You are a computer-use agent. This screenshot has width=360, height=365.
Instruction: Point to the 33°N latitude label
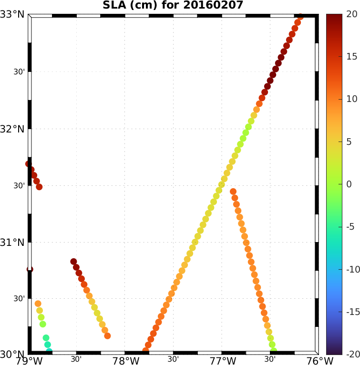point(12,14)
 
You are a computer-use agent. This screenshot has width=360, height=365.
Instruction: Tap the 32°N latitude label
point(12,129)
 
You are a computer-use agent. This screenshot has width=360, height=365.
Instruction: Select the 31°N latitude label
point(12,243)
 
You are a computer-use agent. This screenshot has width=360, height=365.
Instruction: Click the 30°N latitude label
point(12,355)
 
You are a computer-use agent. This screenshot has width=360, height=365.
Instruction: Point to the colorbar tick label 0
point(349,184)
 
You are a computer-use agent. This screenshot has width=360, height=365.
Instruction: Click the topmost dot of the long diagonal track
point(300,17)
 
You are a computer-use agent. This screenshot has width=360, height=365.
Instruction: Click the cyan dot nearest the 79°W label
point(49,352)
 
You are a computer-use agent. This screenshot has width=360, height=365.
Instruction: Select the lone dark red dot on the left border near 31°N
point(30,269)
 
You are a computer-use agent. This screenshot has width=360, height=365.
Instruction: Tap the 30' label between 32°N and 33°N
point(19,72)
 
